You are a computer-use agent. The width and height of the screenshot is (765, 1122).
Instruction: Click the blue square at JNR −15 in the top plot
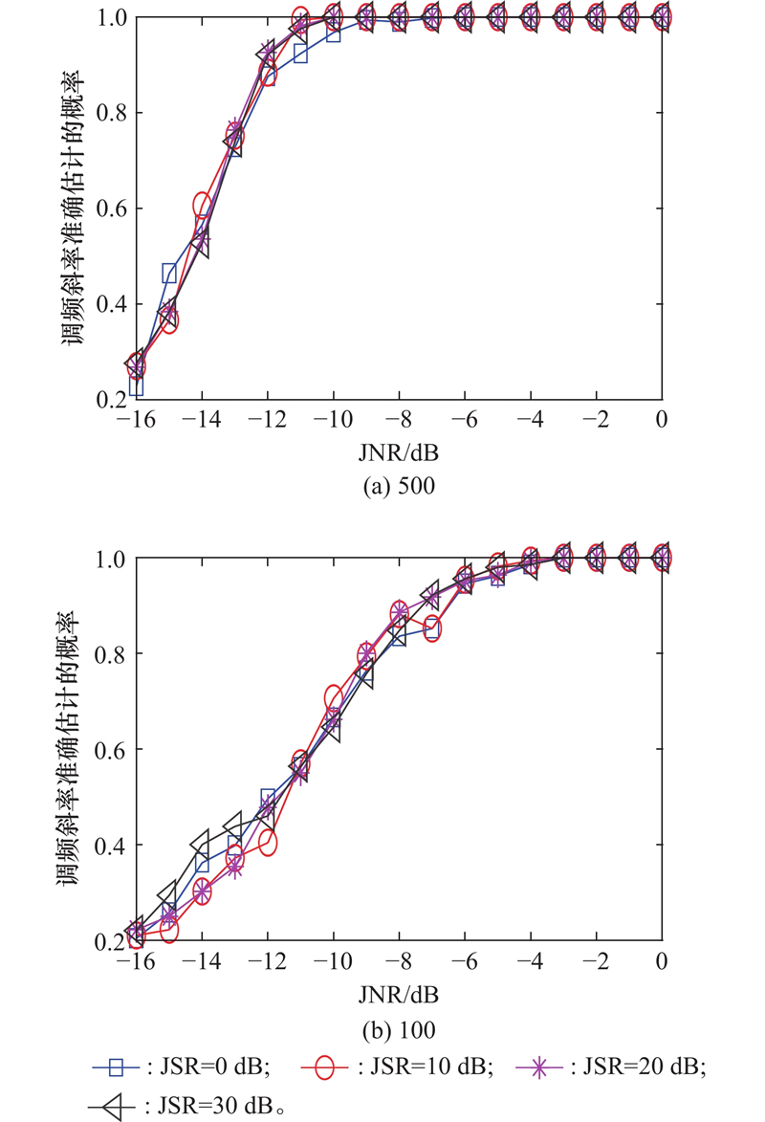pyautogui.click(x=169, y=274)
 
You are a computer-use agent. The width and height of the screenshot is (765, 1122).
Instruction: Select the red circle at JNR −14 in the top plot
pyautogui.click(x=202, y=204)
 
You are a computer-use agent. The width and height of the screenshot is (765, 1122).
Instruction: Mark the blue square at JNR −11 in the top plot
pyautogui.click(x=300, y=54)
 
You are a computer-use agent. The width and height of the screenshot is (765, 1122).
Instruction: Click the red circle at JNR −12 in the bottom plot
pyautogui.click(x=268, y=843)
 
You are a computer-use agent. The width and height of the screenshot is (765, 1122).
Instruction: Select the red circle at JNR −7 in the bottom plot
pyautogui.click(x=432, y=629)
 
